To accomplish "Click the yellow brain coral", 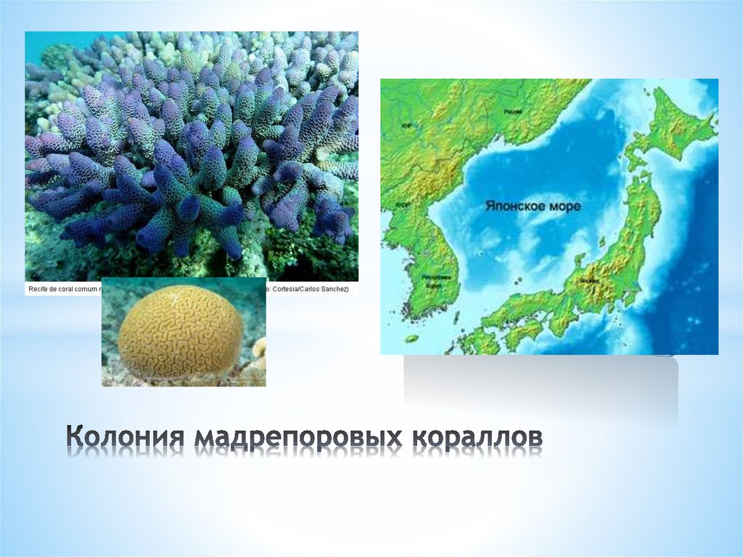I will coord(180,332).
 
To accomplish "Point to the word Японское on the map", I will coord(511,206).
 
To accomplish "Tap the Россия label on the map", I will coord(513,113).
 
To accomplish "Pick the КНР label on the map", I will coord(407,125).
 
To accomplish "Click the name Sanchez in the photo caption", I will coord(333,289).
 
